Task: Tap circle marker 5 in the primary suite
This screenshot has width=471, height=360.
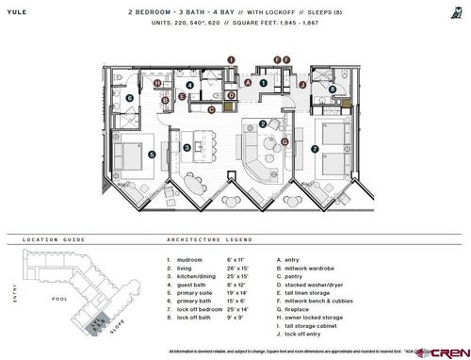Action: point(151,154)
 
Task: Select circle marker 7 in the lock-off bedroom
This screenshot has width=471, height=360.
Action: point(315,149)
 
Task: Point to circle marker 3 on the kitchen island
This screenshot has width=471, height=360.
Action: point(187,147)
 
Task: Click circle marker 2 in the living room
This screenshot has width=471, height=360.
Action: point(261,123)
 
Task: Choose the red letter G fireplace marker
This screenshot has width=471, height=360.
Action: point(283,142)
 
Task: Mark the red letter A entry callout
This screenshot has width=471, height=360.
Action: point(247,82)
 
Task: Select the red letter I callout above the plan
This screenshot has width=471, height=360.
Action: point(229,58)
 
